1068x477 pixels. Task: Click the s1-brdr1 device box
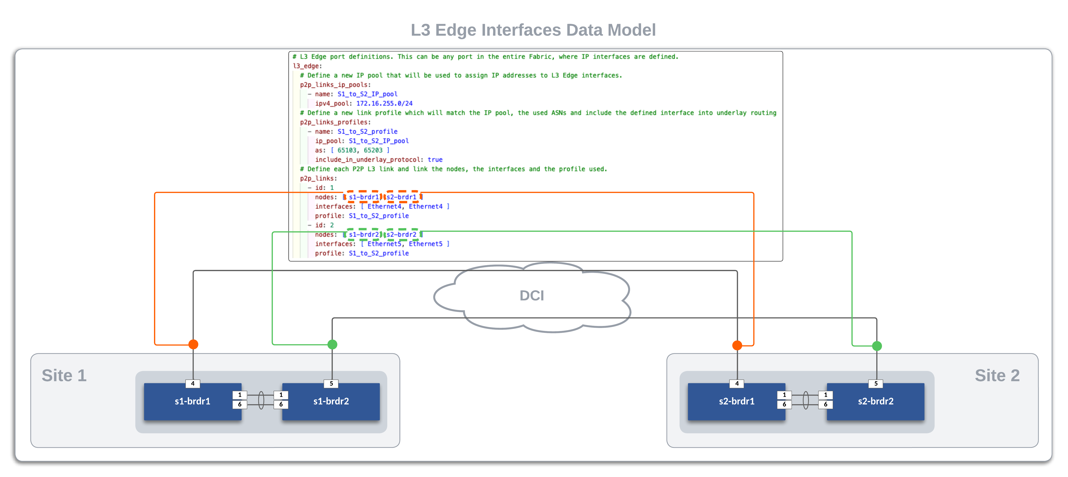point(192,401)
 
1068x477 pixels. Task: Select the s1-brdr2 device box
point(331,401)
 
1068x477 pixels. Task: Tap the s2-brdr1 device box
point(736,401)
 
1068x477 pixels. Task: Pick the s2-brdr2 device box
point(875,401)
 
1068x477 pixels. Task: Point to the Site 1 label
point(64,375)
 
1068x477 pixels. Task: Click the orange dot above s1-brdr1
point(193,344)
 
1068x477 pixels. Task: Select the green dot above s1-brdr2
point(332,344)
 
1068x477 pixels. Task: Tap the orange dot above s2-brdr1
point(737,345)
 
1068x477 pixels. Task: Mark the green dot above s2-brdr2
point(877,346)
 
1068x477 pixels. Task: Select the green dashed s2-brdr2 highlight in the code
point(401,234)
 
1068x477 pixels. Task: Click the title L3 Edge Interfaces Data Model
point(533,30)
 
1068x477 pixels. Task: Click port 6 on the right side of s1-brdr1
point(240,404)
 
